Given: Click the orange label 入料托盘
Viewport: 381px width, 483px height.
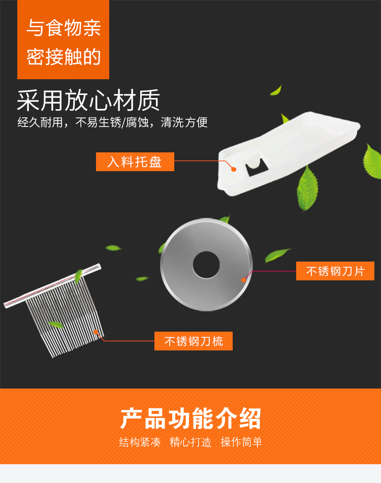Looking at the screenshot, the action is [135, 162].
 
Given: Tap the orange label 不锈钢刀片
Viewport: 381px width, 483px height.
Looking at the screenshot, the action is [335, 271].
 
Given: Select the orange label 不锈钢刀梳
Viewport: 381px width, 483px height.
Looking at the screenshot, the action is [194, 341].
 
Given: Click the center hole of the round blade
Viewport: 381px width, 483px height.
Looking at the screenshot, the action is [206, 265].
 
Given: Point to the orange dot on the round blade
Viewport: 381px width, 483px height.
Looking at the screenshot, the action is [244, 280].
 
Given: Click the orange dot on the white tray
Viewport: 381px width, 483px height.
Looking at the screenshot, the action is [234, 170].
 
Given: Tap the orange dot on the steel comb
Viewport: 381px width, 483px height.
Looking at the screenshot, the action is [96, 332].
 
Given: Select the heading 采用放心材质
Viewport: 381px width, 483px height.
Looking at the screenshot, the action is [88, 100].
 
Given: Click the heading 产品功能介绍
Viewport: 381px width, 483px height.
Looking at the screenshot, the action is [190, 418].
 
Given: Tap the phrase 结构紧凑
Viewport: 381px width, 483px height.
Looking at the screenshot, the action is [140, 442].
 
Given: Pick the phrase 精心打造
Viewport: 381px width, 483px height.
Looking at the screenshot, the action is [190, 442].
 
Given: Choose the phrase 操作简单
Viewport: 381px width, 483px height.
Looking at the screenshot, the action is [241, 442].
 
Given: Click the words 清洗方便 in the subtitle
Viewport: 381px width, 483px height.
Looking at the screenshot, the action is [184, 122].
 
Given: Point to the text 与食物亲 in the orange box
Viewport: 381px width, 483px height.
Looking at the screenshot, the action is [64, 28].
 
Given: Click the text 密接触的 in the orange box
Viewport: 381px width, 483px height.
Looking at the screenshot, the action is [64, 57].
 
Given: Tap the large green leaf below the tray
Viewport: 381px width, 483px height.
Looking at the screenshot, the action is [307, 188].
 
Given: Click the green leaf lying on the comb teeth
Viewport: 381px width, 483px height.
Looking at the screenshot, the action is [56, 324].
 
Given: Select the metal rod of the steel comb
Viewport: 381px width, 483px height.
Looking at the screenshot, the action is [52, 285].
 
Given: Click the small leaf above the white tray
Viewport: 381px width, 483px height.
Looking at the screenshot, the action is [276, 90].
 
